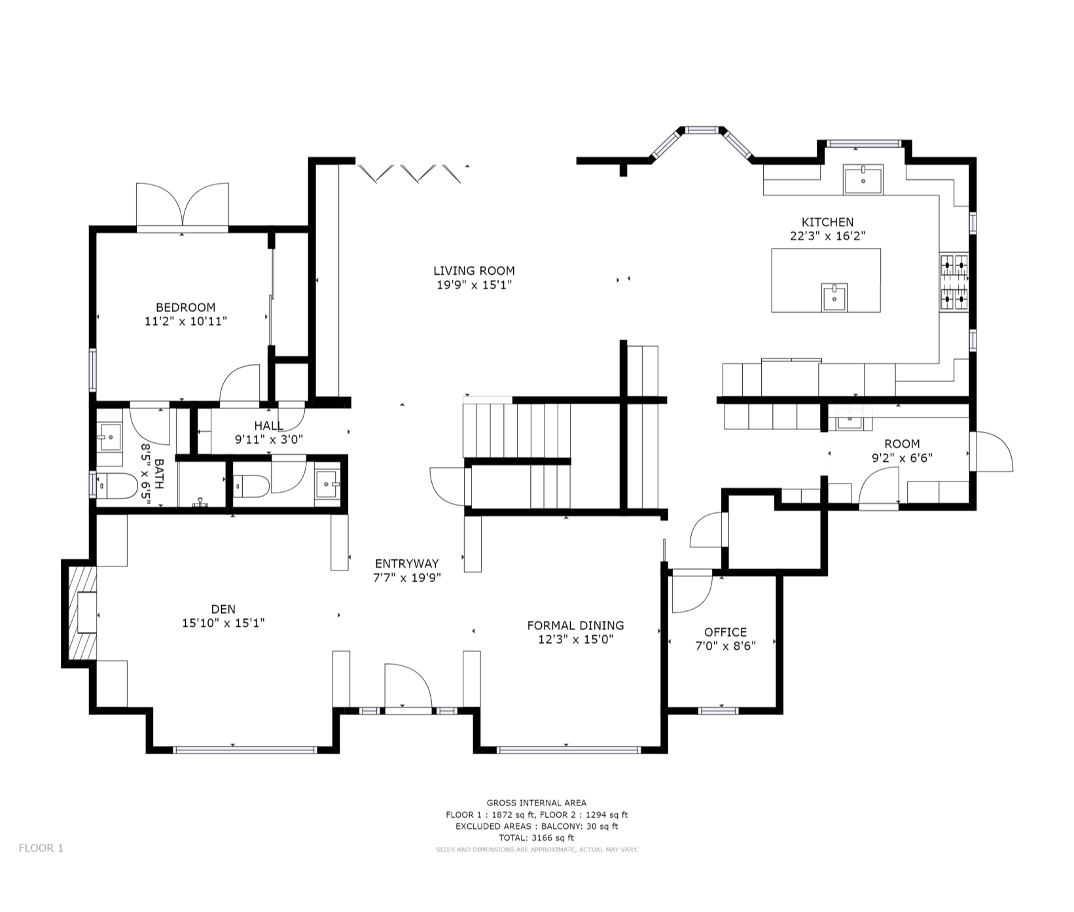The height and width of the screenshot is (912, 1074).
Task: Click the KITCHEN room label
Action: click(x=827, y=222)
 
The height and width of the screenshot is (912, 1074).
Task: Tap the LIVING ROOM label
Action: click(x=474, y=270)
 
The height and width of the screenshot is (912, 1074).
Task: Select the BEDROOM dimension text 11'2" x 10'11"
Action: click(x=186, y=321)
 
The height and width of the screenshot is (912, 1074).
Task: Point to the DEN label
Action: click(x=223, y=609)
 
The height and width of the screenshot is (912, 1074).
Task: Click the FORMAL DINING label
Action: click(x=575, y=625)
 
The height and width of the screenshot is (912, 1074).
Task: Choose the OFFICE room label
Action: click(x=725, y=632)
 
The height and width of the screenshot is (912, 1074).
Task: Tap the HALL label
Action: click(x=268, y=426)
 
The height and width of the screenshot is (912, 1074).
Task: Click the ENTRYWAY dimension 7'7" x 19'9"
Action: click(x=407, y=578)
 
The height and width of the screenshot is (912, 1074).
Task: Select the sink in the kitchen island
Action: click(x=834, y=298)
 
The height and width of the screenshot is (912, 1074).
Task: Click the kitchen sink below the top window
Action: click(x=863, y=179)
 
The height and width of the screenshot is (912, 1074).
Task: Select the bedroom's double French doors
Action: click(x=183, y=205)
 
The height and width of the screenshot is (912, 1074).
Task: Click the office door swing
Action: click(x=692, y=591)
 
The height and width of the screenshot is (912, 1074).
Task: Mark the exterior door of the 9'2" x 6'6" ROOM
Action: click(x=992, y=451)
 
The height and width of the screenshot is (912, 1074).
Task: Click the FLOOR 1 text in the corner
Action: click(x=41, y=848)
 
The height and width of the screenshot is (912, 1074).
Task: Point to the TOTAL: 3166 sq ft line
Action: click(x=536, y=837)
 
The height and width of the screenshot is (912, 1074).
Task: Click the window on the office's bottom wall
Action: click(x=719, y=710)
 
